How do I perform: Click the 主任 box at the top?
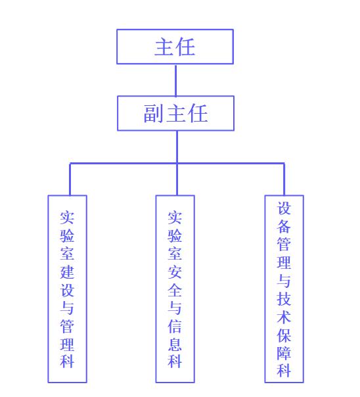coord(175,47)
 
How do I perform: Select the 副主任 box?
coord(175,113)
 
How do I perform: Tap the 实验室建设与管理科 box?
coord(67,289)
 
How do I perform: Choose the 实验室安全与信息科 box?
coord(175,289)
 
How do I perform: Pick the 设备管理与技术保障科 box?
coord(284,289)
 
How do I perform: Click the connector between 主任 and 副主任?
coord(175,80)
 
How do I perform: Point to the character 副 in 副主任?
coord(153,114)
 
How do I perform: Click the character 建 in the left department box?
coord(67,272)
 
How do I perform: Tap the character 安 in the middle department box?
coord(175,272)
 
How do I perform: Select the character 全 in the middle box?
coord(175,290)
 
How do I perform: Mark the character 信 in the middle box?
coord(175,327)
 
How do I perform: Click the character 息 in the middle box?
coord(175,344)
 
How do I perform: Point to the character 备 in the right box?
coord(284,226)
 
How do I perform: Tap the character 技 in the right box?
coord(284,299)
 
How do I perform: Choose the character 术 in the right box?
coord(284,317)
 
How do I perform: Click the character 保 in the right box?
coord(284,335)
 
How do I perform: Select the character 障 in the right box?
coord(284,353)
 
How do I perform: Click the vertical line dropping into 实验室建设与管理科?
coord(70,179)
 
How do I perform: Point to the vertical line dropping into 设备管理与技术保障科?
coord(284,179)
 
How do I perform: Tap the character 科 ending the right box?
coord(284,371)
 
